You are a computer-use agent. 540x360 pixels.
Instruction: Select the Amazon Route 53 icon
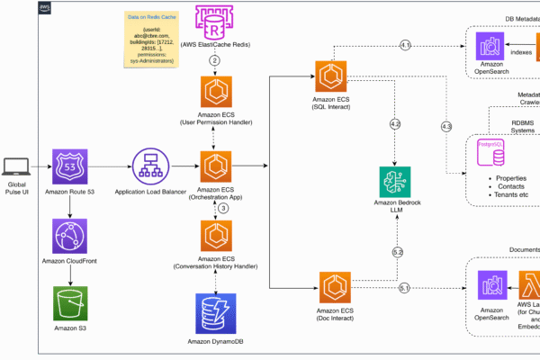point(70,166)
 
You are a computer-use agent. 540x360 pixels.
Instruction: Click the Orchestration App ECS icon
point(215,166)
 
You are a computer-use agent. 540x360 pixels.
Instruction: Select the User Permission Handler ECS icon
point(215,93)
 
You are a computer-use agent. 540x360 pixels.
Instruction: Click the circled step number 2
point(215,59)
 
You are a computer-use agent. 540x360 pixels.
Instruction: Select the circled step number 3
point(223,208)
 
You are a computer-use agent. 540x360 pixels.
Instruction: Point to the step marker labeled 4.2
point(395,122)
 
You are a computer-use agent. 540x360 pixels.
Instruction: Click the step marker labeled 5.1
point(404,288)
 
